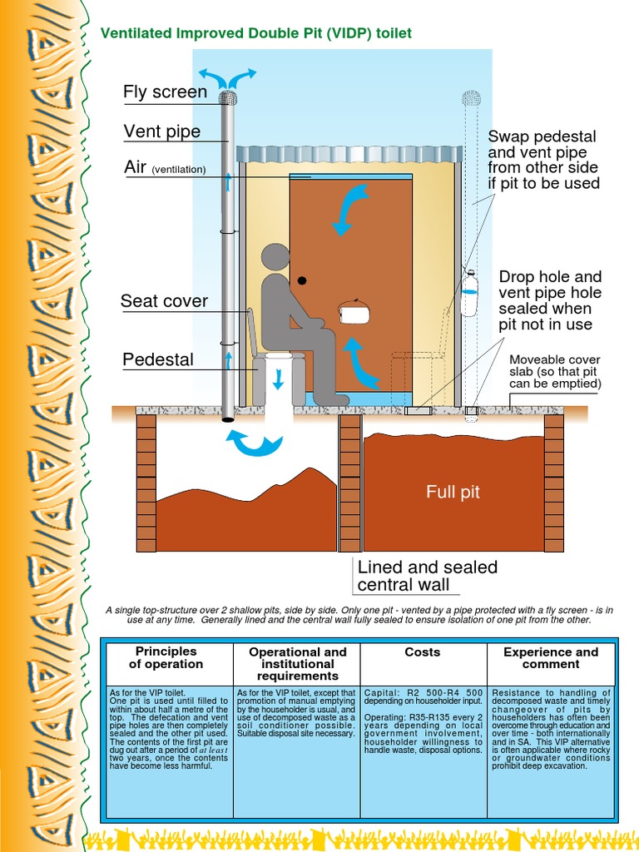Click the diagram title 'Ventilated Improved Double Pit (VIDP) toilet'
click(255, 33)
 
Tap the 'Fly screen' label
click(165, 92)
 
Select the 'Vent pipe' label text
click(162, 131)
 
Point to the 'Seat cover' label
click(164, 300)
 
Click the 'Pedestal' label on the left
click(158, 359)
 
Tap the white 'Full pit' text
click(453, 493)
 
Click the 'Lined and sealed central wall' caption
click(427, 576)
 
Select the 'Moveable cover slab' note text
click(554, 372)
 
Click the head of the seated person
click(276, 259)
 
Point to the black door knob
click(303, 280)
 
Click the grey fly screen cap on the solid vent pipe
click(228, 97)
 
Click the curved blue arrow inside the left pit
click(256, 443)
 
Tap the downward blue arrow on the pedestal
click(279, 379)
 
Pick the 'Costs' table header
click(423, 652)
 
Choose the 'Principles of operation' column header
click(166, 657)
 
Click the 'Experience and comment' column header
click(550, 657)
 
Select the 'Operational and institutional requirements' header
click(297, 664)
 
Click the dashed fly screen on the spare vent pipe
click(472, 98)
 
